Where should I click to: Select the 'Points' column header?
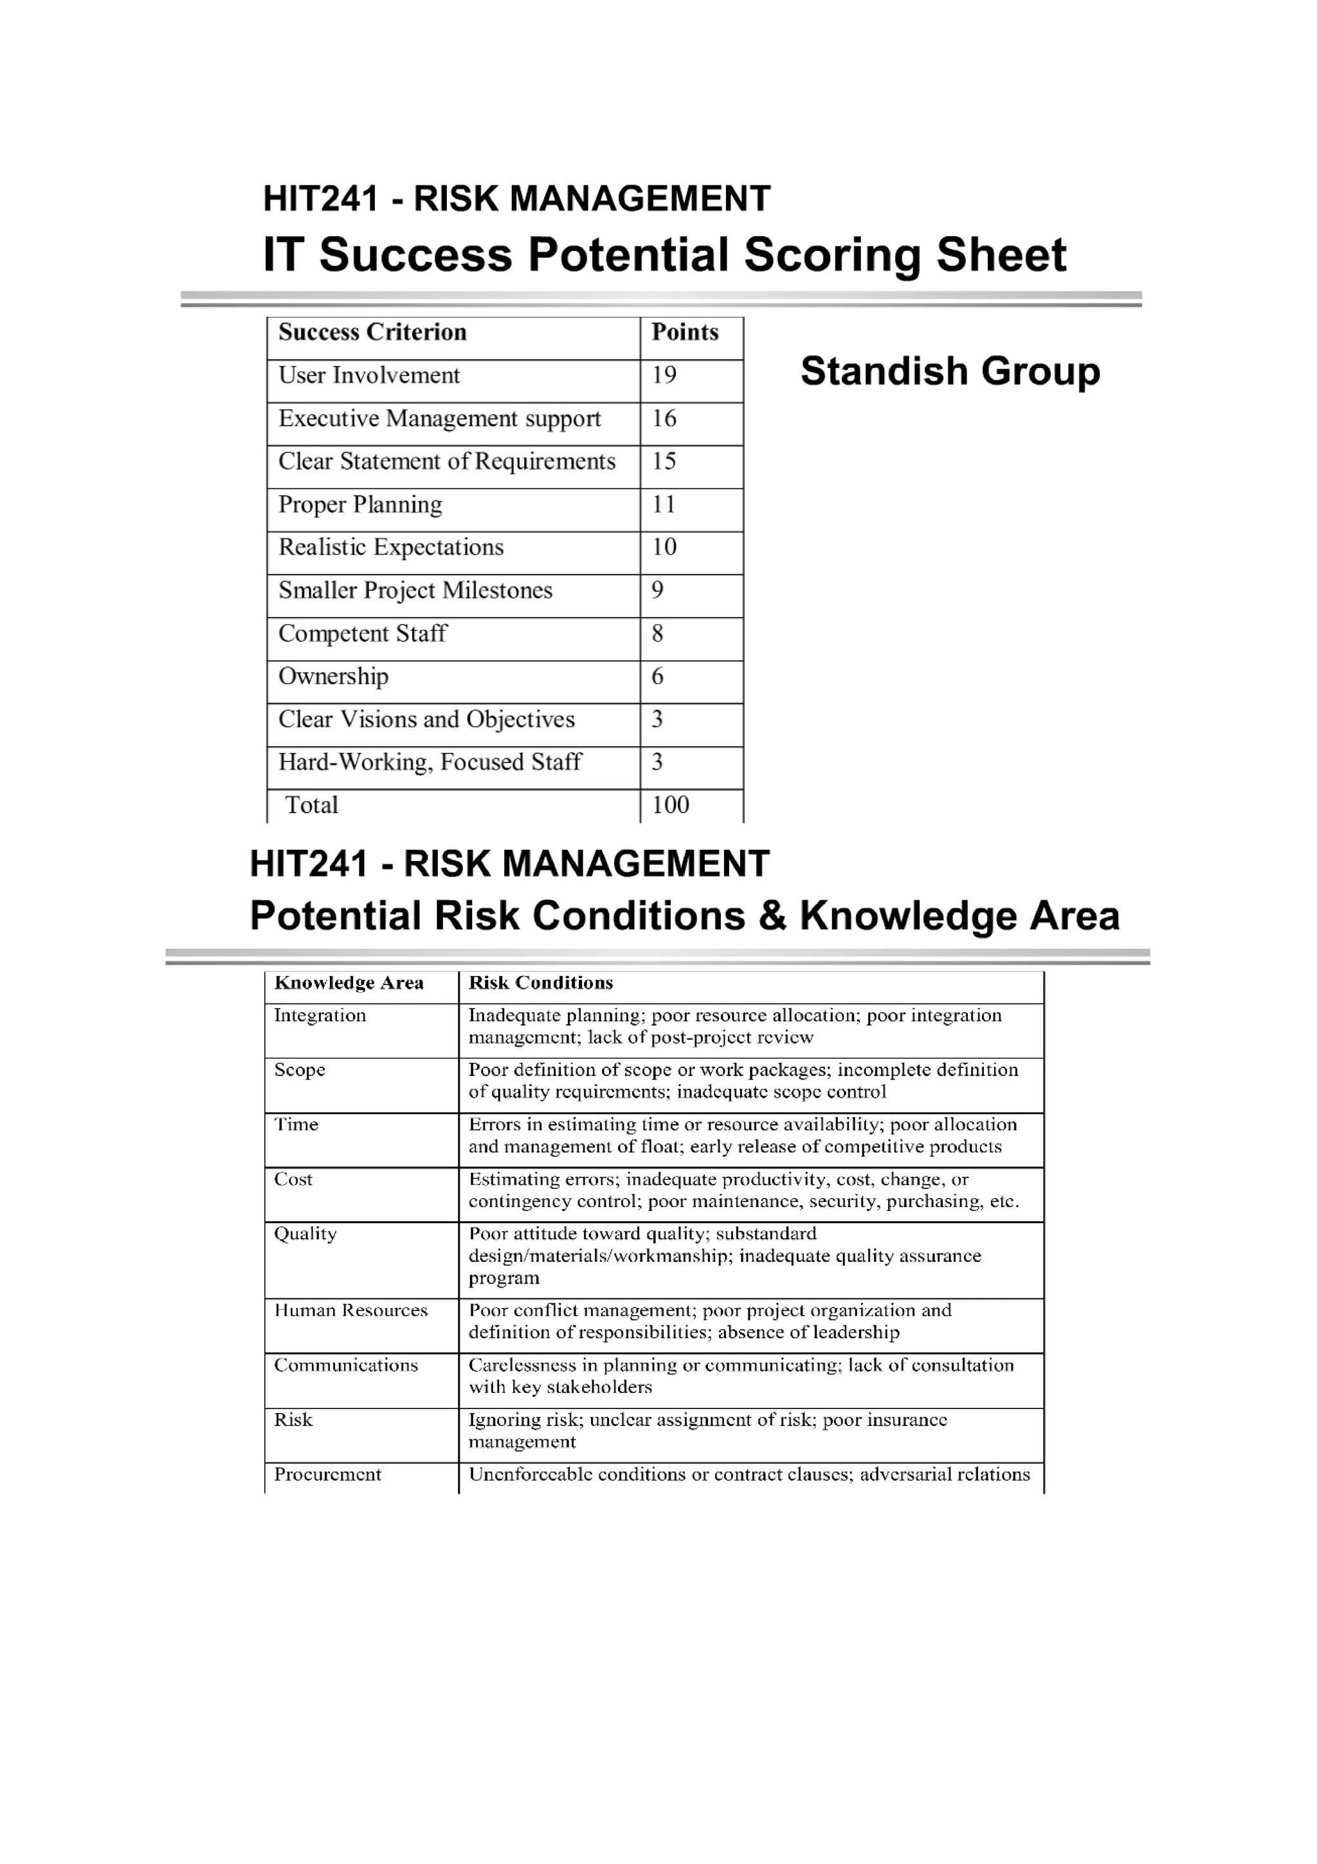685,332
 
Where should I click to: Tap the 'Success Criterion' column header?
372,332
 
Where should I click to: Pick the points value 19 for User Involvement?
664,375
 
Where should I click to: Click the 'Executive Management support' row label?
439,418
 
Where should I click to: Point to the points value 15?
664,461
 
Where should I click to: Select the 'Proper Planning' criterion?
360,504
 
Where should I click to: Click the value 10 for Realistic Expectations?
664,547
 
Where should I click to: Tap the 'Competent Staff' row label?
362,633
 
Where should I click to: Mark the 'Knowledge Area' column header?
349,983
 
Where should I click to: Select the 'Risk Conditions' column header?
540,983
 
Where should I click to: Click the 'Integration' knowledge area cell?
320,1015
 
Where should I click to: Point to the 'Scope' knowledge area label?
300,1070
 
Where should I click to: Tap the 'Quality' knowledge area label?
305,1234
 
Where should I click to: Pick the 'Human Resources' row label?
350,1310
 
